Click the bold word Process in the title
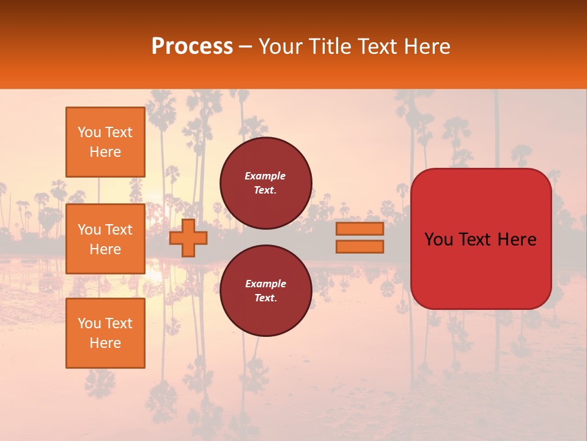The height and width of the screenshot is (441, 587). pyautogui.click(x=192, y=47)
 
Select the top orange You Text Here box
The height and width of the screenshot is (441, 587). pyautogui.click(x=105, y=142)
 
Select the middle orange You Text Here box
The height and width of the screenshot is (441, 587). pyautogui.click(x=105, y=239)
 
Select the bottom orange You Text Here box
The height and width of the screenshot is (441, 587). pyautogui.click(x=105, y=333)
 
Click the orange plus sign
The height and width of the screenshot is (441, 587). pyautogui.click(x=188, y=238)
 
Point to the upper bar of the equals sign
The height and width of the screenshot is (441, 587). pyautogui.click(x=360, y=228)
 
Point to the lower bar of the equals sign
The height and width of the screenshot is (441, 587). pyautogui.click(x=360, y=247)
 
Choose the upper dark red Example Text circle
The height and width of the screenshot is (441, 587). pyautogui.click(x=265, y=183)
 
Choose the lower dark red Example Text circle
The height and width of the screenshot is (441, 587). pyautogui.click(x=265, y=290)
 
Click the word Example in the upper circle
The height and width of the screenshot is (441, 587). pyautogui.click(x=265, y=176)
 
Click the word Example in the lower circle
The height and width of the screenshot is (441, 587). pyautogui.click(x=265, y=284)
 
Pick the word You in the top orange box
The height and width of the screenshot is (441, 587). pyautogui.click(x=89, y=132)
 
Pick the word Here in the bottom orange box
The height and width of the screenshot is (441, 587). pyautogui.click(x=105, y=343)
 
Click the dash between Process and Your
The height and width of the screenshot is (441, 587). pyautogui.click(x=246, y=47)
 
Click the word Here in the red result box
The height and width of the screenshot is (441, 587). pyautogui.click(x=517, y=239)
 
